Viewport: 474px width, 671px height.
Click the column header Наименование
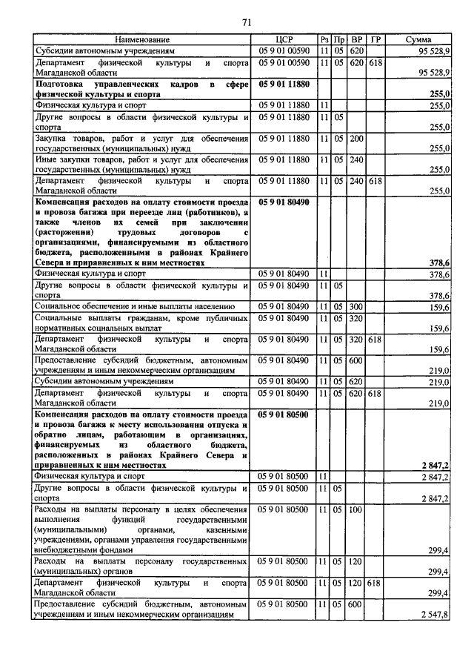coord(143,39)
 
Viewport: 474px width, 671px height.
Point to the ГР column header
coord(375,39)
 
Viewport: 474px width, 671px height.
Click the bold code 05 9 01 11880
coord(284,85)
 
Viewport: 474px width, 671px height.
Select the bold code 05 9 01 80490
coord(284,202)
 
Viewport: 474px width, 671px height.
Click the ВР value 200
coord(356,139)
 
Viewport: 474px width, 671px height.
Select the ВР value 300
coord(356,306)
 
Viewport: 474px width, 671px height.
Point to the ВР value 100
coord(356,510)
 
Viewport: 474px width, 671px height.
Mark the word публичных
coord(225,318)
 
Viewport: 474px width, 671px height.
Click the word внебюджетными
coord(69,551)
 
